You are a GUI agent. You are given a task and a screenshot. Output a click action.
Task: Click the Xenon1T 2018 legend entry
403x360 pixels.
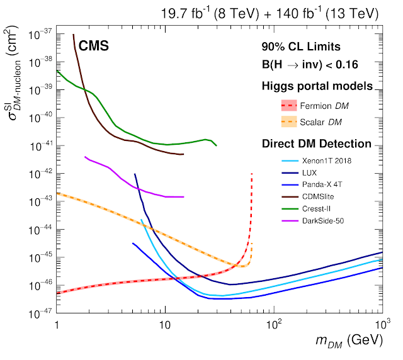[x=326, y=160]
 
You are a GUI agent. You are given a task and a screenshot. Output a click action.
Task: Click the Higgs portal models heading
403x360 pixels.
[x=317, y=86]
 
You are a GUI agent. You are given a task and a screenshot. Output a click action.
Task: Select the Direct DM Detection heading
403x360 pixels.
[x=316, y=143]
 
